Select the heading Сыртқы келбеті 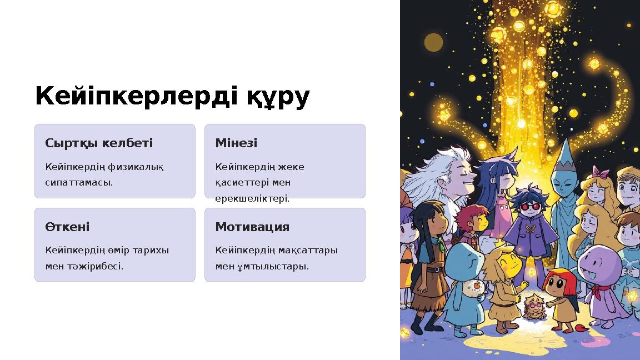point(99,143)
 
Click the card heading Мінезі point(236,143)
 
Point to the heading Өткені point(67,227)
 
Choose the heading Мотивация point(252,227)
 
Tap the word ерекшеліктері point(252,198)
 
